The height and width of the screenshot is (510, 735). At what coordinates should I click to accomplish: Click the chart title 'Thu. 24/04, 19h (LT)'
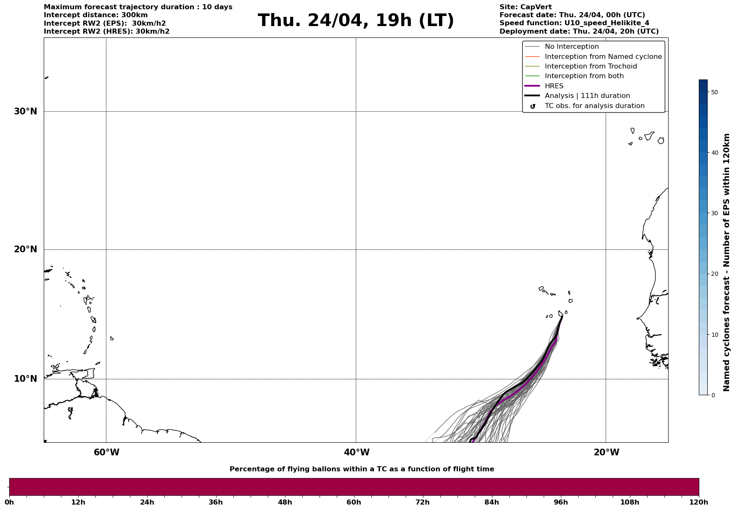356,21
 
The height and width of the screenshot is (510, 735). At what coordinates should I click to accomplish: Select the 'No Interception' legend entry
571,47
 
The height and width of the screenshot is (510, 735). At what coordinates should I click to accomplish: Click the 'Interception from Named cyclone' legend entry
603,57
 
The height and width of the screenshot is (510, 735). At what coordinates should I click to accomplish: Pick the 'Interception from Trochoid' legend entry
590,66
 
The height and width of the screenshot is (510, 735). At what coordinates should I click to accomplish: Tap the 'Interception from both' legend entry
584,76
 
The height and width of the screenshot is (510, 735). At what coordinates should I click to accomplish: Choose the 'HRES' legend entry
554,86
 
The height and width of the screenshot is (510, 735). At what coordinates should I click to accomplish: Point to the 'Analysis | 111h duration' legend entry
587,96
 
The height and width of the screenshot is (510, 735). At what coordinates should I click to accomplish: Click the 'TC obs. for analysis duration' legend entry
594,106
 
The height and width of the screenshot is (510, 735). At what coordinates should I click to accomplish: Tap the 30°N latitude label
26,111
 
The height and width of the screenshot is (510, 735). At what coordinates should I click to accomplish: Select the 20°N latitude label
26,249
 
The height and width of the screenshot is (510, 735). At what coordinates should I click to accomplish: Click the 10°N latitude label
26,379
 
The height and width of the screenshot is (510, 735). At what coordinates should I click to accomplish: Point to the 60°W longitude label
106,452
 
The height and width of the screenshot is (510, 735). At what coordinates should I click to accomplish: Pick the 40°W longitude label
357,452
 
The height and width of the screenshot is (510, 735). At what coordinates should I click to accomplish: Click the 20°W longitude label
606,452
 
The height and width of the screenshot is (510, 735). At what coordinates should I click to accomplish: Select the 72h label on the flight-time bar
423,502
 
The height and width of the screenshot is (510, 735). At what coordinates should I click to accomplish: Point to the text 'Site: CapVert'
526,7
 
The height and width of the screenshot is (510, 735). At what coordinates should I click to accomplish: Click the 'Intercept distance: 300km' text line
96,15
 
